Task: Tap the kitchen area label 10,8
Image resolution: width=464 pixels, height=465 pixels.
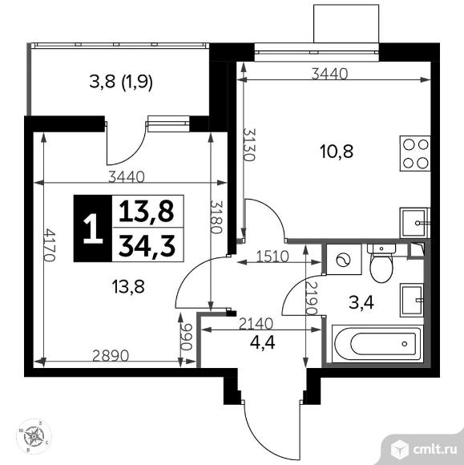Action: [x=337, y=152]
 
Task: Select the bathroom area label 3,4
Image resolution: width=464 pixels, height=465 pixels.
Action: [x=361, y=303]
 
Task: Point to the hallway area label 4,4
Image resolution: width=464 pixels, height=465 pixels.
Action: [x=262, y=342]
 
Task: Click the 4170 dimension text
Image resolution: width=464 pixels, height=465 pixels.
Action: [x=49, y=245]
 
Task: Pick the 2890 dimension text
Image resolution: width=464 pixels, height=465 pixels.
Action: [x=111, y=356]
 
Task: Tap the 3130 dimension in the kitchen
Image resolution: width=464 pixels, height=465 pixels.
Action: [x=249, y=145]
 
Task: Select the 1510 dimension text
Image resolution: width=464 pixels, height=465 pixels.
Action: [x=272, y=257]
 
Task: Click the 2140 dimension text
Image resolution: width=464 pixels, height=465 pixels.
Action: [x=256, y=324]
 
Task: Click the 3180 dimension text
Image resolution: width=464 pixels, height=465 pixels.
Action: [x=216, y=217]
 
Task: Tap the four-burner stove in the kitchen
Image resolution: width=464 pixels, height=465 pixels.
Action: [x=415, y=153]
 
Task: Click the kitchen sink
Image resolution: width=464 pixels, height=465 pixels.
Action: [x=414, y=223]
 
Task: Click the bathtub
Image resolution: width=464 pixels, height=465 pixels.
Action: [x=377, y=344]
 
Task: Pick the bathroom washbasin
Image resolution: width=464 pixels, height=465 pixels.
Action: [x=412, y=300]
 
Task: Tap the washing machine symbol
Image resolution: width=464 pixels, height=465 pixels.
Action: [x=344, y=260]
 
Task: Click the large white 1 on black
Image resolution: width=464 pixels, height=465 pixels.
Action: [x=93, y=228]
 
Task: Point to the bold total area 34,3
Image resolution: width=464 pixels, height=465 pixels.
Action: [x=147, y=245]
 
